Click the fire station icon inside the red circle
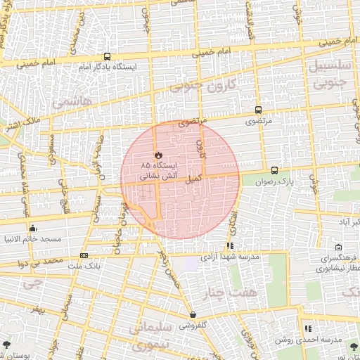[158, 155]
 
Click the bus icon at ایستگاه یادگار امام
[107, 56]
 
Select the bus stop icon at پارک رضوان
[274, 170]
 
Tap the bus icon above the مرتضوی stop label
[258, 110]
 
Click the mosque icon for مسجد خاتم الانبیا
[32, 228]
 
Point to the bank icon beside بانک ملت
[84, 255]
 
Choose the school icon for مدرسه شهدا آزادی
[229, 246]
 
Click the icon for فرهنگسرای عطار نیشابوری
[338, 247]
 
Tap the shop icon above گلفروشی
[193, 314]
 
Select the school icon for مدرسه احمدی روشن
[308, 328]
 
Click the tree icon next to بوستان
[6, 345]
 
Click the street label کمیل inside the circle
[193, 180]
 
